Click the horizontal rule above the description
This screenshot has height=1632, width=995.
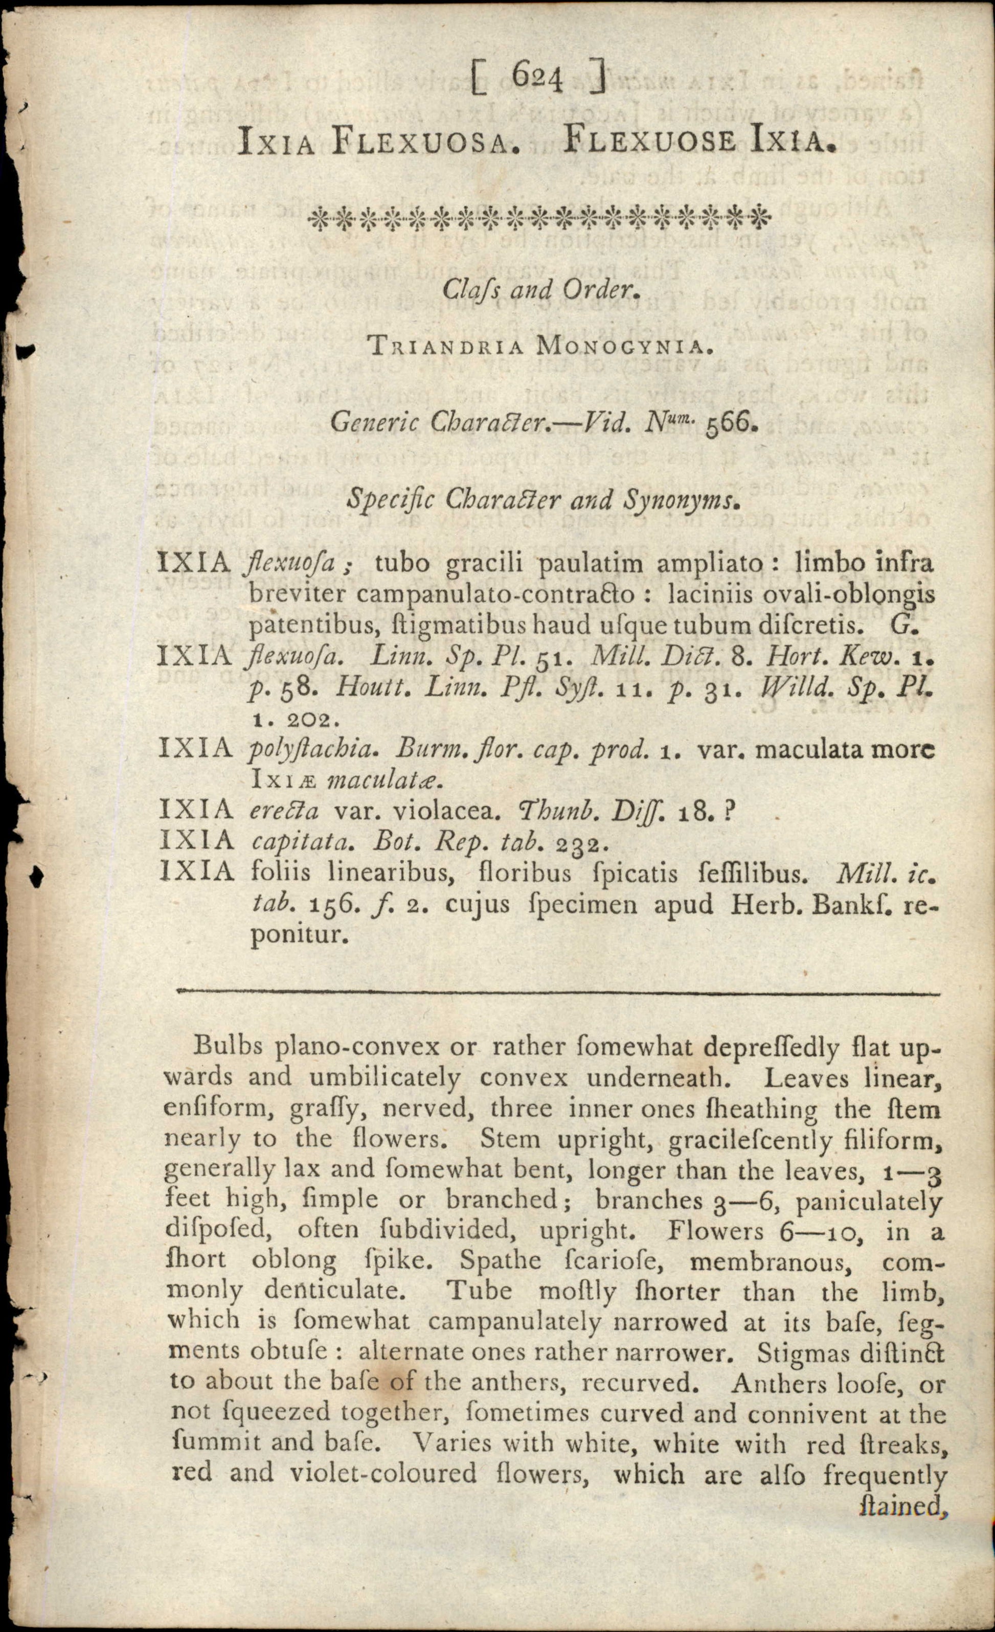click(558, 993)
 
